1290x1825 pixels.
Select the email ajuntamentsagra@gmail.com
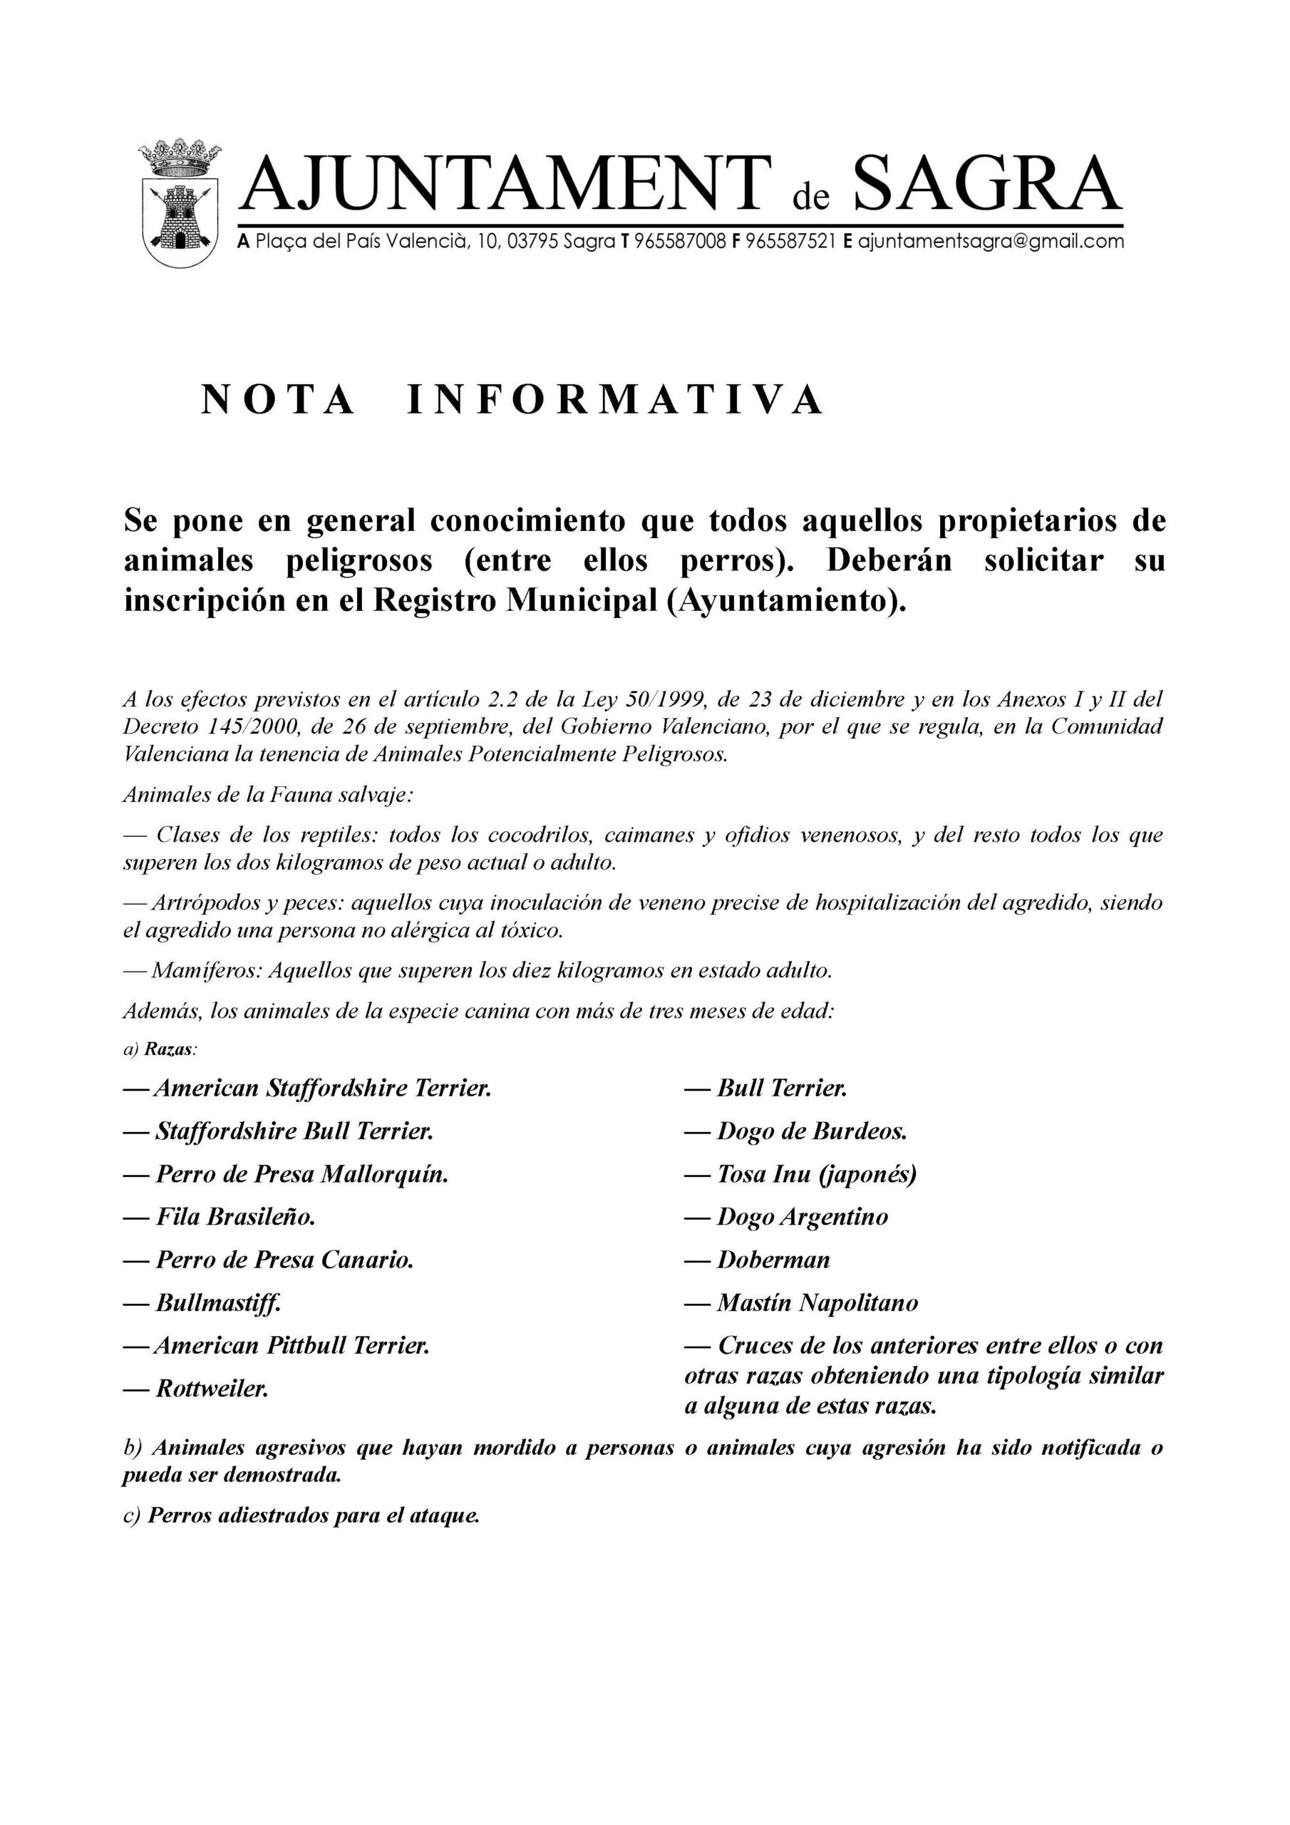[x=991, y=242]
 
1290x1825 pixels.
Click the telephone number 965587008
[x=681, y=242]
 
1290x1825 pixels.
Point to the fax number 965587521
[x=791, y=242]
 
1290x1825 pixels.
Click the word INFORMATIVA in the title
[x=616, y=400]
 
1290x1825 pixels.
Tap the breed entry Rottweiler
[x=212, y=1389]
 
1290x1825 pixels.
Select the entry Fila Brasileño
[x=235, y=1217]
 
